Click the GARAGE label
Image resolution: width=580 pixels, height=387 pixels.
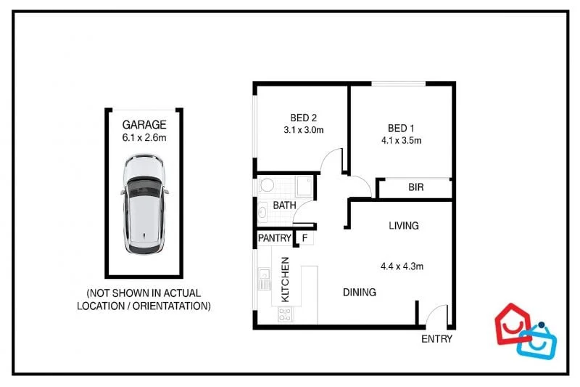[x=144, y=124]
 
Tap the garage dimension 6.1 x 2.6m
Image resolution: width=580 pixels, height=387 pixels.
[x=144, y=137]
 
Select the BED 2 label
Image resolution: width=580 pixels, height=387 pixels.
[x=303, y=118]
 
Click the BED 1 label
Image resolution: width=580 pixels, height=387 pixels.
[x=400, y=128]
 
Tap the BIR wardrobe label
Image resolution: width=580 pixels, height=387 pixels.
[x=415, y=187]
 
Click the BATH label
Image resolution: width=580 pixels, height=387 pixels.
[x=284, y=205]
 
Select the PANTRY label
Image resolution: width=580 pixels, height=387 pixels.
[x=275, y=238]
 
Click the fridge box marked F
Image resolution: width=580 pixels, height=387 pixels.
[x=304, y=238]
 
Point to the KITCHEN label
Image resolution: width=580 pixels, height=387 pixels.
[x=286, y=280]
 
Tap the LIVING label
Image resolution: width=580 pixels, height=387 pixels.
[x=403, y=226]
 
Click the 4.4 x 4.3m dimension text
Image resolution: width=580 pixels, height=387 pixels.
[x=402, y=266]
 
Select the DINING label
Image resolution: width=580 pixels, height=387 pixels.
[x=360, y=293]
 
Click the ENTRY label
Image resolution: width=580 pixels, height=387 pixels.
[x=436, y=339]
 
